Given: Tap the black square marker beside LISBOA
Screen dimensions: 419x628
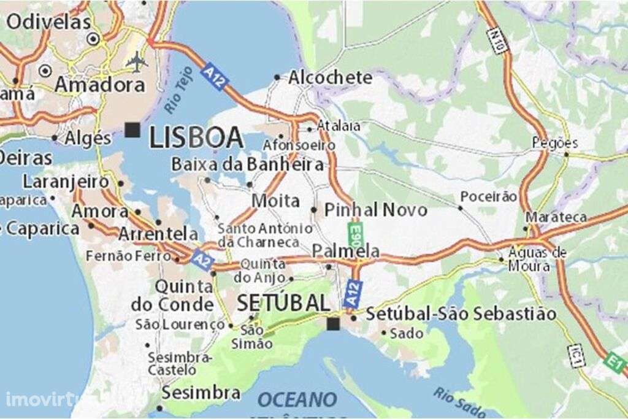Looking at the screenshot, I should click(x=132, y=129).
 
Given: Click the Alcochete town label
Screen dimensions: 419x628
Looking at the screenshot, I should click(x=330, y=77).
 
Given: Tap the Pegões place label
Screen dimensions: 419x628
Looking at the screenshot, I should click(x=554, y=143).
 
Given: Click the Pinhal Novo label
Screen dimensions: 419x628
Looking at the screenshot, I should click(x=375, y=210).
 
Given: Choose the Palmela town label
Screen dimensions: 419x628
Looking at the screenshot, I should click(x=345, y=251).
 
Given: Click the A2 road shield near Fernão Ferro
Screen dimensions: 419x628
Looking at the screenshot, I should click(x=201, y=258).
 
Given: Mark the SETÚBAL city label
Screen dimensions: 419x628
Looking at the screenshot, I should click(x=283, y=302).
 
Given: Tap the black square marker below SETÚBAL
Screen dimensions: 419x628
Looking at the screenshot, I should click(x=333, y=323).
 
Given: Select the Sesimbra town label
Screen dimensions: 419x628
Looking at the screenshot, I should click(x=201, y=393).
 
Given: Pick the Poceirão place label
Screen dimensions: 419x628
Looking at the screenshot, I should click(x=488, y=196).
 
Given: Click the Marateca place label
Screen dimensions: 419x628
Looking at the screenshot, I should click(x=556, y=217).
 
